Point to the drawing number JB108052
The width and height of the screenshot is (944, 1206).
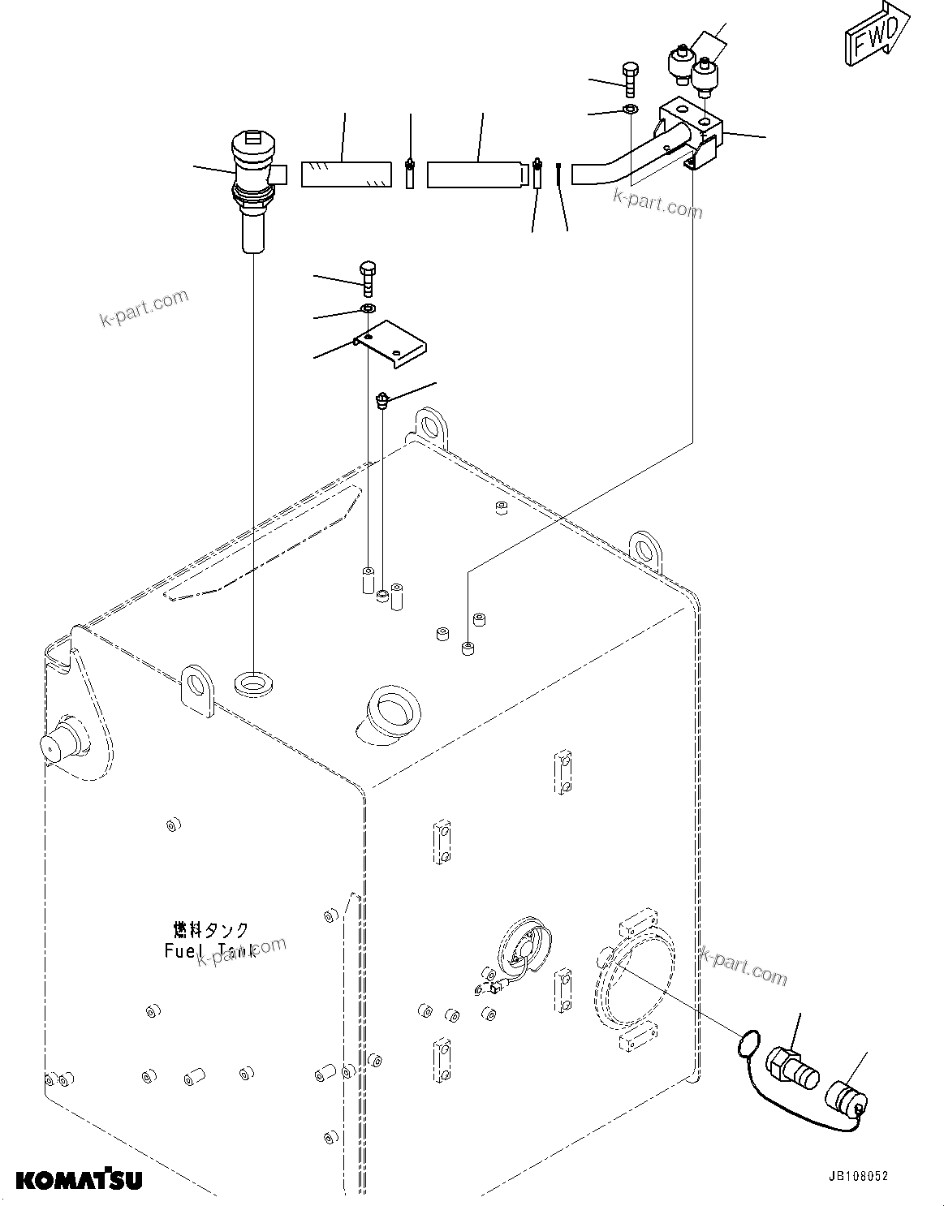pos(858,1175)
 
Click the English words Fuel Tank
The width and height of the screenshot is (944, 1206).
pos(209,950)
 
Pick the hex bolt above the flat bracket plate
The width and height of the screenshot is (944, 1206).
pos(368,278)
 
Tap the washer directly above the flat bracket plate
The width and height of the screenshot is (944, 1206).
pos(368,309)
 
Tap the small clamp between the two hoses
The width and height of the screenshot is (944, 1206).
pos(411,173)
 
